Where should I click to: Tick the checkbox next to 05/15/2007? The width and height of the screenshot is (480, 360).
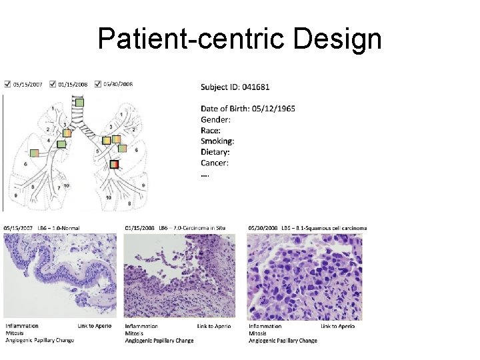point(7,85)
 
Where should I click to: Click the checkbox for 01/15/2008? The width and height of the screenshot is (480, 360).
point(53,85)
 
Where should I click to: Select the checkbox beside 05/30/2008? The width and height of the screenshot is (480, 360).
point(98,85)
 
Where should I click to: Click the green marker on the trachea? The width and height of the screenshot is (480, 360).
point(79,103)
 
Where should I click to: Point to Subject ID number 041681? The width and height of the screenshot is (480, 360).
point(256,87)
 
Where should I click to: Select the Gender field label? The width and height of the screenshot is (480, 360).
point(216,119)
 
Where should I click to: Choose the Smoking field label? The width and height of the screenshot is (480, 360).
point(217,141)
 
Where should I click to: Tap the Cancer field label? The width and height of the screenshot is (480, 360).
point(215,163)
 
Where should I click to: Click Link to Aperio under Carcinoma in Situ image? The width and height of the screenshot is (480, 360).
point(214,326)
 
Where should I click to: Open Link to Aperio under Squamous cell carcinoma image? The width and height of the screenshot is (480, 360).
point(338,326)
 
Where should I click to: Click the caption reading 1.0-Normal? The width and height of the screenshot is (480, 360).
point(63,228)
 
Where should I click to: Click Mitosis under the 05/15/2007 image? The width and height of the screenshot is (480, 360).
point(14,333)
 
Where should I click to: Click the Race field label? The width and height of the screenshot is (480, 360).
point(211,131)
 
